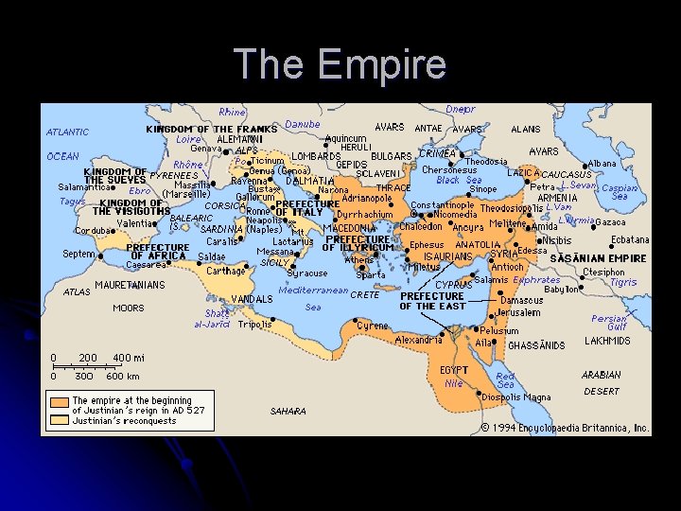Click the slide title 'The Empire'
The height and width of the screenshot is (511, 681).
click(340, 64)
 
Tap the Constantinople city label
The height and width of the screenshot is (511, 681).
click(442, 205)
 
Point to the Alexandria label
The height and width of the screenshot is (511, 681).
click(418, 339)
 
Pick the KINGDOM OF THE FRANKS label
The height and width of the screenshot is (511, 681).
click(211, 129)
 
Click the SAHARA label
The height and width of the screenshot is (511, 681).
click(288, 412)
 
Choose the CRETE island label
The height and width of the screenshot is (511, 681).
click(364, 295)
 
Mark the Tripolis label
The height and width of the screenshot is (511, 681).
click(254, 324)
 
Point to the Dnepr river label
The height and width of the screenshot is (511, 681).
click(461, 110)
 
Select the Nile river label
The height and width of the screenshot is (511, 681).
click(454, 383)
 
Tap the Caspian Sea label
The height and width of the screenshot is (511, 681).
click(620, 192)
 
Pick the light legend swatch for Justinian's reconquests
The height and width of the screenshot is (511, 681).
click(60, 420)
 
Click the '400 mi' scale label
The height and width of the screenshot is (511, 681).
click(129, 358)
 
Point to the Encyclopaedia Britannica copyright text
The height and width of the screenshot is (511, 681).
click(564, 428)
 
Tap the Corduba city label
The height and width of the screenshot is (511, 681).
click(94, 230)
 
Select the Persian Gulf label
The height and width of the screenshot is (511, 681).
click(609, 324)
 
